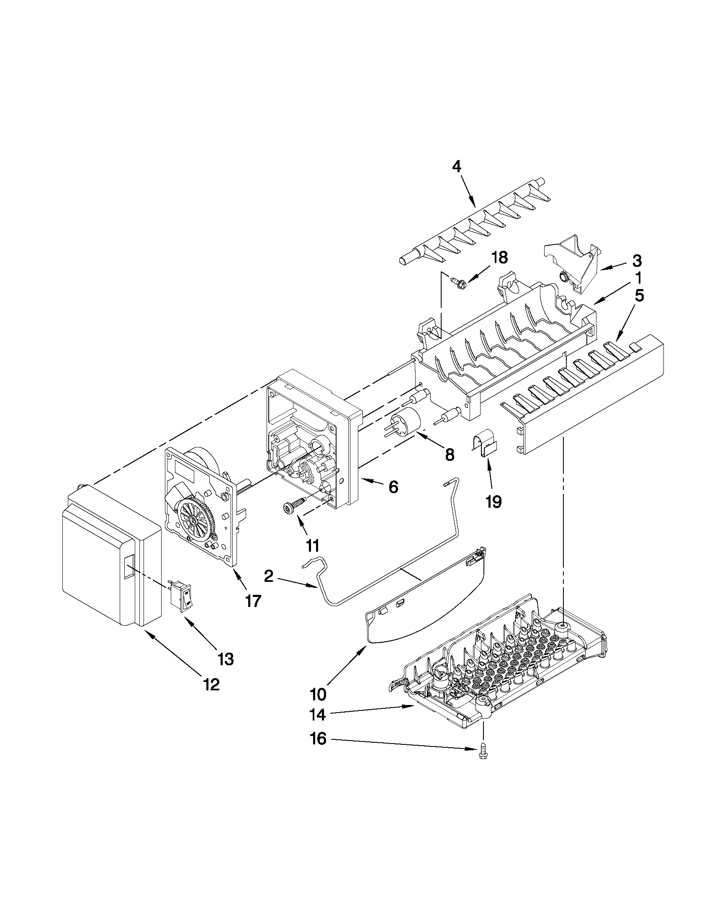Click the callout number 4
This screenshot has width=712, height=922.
456,167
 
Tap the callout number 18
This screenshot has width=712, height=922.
499,258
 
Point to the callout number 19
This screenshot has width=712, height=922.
493,501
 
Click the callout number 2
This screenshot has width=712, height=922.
269,576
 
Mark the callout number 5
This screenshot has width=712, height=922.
640,296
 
